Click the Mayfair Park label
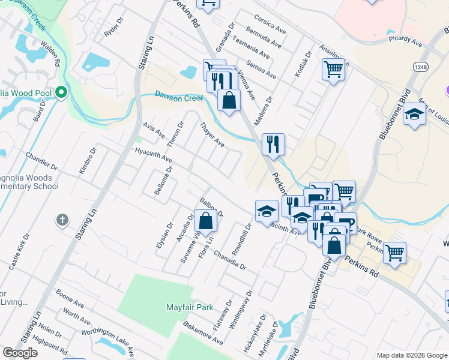190,307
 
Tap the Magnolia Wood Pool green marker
61,93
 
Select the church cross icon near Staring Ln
62,220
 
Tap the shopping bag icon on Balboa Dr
205,220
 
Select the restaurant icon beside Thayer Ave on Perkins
273,144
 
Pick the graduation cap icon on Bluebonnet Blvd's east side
414,114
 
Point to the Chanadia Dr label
229,260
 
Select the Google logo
20,353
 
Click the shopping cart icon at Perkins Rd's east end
395,253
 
